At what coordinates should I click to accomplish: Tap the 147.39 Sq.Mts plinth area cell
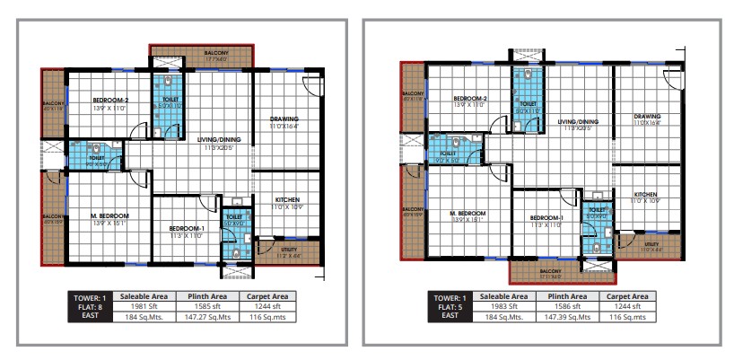click(566, 316)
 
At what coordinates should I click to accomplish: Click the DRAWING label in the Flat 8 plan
click(284, 119)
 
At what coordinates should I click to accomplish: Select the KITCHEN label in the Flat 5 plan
click(646, 194)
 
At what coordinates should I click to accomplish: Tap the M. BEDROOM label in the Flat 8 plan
click(109, 216)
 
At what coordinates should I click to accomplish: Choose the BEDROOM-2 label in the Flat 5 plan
click(469, 98)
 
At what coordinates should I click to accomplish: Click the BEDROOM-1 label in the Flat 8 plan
click(187, 229)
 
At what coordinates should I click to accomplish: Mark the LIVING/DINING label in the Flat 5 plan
click(577, 121)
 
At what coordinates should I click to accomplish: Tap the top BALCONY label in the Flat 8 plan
click(216, 54)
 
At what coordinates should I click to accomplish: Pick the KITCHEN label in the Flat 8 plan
click(287, 199)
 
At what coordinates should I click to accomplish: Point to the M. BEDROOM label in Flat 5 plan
click(467, 214)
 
